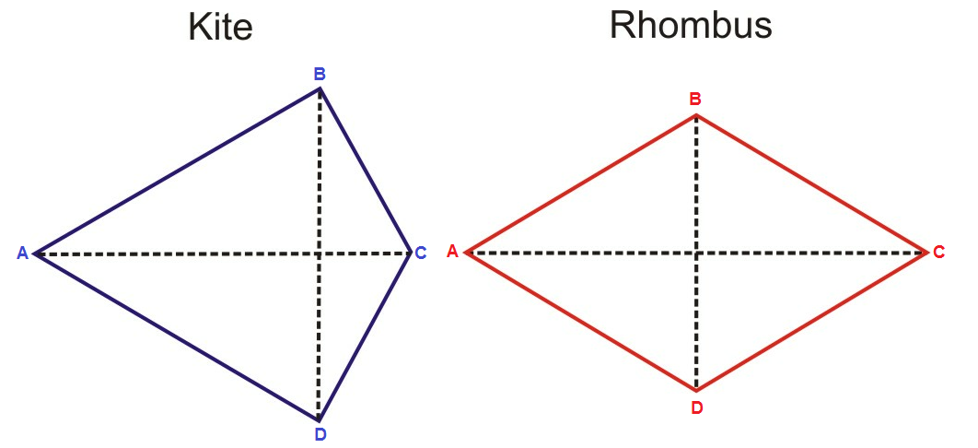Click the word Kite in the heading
coord(220,27)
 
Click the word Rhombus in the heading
coord(691,25)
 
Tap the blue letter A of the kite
coord(22,253)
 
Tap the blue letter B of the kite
coord(320,74)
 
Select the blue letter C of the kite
coord(420,253)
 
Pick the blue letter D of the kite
coord(320,434)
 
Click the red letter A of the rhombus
coord(452,251)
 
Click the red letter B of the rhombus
coord(696,99)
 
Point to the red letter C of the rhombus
coord(938,252)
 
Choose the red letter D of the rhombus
coord(697,407)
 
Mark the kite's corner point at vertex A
coord(36,253)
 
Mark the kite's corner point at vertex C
coord(411,252)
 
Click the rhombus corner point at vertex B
coord(696,115)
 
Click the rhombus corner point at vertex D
coord(697,390)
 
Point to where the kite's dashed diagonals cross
coord(320,253)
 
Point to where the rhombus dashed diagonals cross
coord(697,252)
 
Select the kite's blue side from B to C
coord(366,170)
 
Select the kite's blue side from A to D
coord(177,336)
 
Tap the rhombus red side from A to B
coord(581,183)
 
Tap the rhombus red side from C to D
coord(812,321)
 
